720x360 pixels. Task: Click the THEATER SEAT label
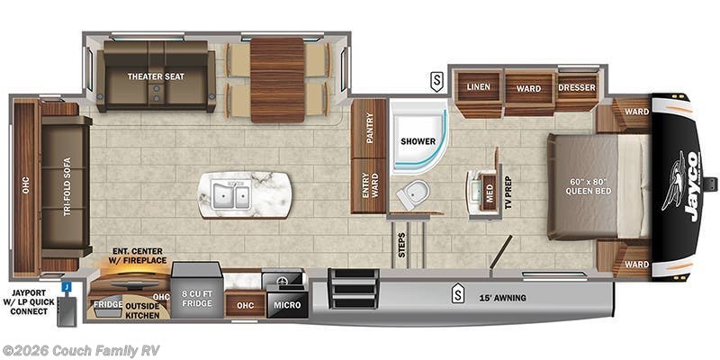[x=155, y=76]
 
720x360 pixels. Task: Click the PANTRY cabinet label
[x=369, y=132]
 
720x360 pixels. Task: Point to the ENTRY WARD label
[x=368, y=186]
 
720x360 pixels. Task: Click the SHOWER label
[x=418, y=141]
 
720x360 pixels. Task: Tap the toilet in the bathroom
[x=413, y=193]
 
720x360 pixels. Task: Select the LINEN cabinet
[x=477, y=87]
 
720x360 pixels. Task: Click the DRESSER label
[x=576, y=87]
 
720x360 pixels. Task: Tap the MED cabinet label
[x=489, y=191]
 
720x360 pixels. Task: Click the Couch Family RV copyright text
[x=80, y=350]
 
